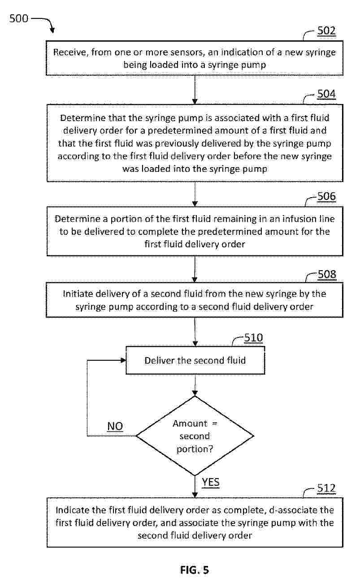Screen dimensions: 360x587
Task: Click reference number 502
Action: click(326, 30)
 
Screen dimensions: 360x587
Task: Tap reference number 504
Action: click(326, 94)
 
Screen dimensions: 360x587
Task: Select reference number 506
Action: click(326, 196)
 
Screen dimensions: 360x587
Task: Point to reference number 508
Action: click(327, 274)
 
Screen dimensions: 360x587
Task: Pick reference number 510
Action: click(253, 338)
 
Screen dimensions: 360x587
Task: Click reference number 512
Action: click(326, 488)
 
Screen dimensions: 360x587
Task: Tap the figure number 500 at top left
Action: click(19, 18)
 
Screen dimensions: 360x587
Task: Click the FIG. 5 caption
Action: click(194, 570)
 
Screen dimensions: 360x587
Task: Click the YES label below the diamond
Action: click(210, 482)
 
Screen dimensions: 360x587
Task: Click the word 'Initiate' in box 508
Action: click(78, 294)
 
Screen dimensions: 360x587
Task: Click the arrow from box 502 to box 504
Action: click(195, 90)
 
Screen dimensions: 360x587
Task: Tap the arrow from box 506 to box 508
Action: click(195, 269)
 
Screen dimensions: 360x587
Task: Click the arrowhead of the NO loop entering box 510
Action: click(123, 360)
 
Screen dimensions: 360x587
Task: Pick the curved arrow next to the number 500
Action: click(43, 24)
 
